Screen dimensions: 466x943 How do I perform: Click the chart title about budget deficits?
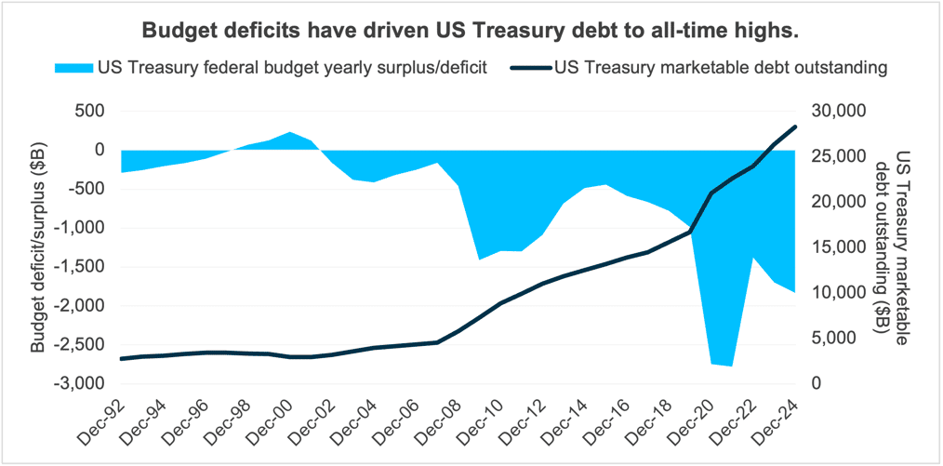click(x=471, y=31)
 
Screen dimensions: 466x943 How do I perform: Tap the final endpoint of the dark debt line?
click(x=794, y=126)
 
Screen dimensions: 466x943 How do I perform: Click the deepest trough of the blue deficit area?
click(x=732, y=366)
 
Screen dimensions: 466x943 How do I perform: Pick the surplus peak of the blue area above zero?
click(x=289, y=133)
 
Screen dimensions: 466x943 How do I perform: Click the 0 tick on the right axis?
click(x=816, y=383)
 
